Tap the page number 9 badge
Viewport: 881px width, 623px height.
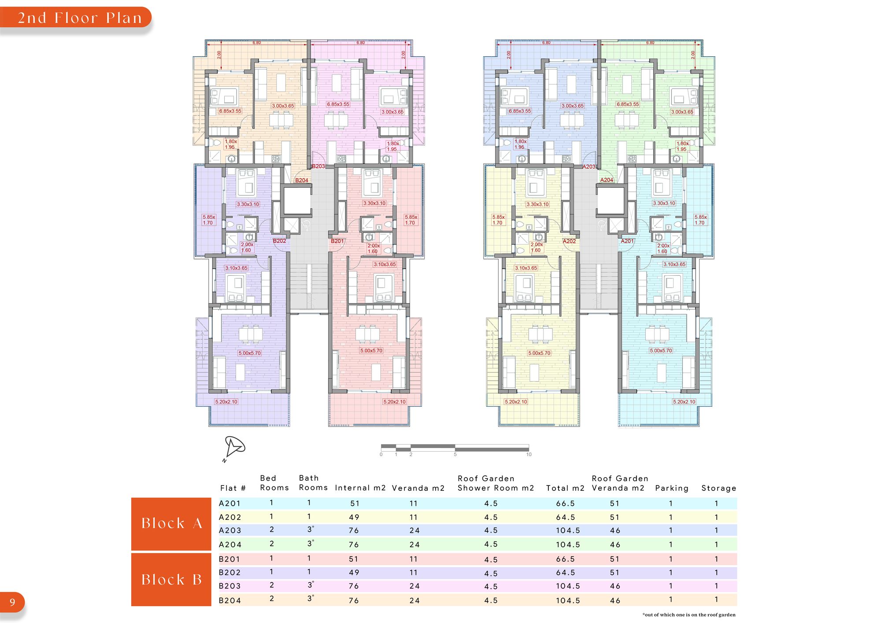coord(12,602)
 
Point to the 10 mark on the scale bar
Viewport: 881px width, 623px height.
coord(529,454)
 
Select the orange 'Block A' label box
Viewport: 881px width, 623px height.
coord(171,524)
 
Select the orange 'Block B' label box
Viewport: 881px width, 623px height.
coord(171,579)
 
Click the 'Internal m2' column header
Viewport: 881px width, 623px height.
coord(360,488)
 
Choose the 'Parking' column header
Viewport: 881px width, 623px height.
coord(672,488)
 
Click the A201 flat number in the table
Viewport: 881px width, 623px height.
coord(230,503)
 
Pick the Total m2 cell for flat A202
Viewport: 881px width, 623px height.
coord(566,517)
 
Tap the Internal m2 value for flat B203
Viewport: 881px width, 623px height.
coord(354,586)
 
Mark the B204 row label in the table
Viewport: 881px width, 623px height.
coord(230,600)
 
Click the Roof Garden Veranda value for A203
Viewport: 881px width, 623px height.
coord(615,530)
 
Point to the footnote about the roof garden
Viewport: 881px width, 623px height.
coord(689,615)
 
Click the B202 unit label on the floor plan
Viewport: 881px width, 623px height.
coord(279,241)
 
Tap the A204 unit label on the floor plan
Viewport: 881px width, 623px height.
coord(607,180)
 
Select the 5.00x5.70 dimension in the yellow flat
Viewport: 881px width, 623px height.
coord(539,353)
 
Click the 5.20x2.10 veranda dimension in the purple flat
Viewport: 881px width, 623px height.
coord(226,402)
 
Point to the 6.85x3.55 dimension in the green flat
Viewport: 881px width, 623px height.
coord(628,104)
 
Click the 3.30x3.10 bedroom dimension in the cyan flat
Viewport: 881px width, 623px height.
coord(664,203)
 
